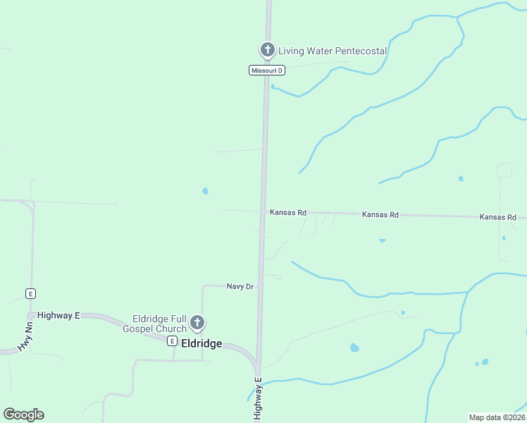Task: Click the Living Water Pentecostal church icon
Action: [267, 50]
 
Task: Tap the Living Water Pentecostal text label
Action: [333, 51]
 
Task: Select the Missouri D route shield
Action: [267, 70]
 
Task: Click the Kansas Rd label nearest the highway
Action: [288, 212]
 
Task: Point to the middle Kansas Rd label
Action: [380, 214]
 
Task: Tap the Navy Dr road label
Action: [240, 286]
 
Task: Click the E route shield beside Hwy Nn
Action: [30, 293]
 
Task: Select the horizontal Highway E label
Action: [58, 316]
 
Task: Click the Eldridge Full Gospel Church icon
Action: [197, 324]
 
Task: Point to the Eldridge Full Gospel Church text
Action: [155, 324]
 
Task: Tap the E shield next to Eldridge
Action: [171, 341]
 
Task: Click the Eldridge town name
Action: [201, 344]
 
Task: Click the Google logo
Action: [23, 415]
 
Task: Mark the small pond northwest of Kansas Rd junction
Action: [205, 190]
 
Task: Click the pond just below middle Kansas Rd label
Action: [382, 240]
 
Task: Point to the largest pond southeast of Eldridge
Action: [354, 348]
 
